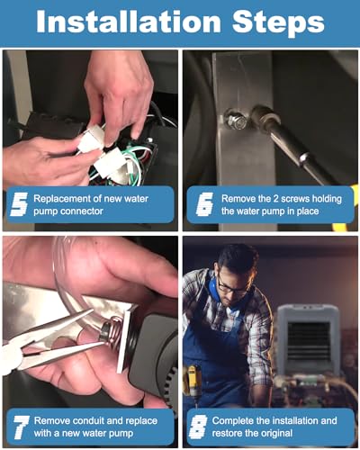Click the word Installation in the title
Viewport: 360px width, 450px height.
pyautogui.click(x=129, y=22)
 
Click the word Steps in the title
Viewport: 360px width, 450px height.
pyautogui.click(x=278, y=23)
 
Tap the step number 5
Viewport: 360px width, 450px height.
pyautogui.click(x=19, y=204)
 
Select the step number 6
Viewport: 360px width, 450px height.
pyautogui.click(x=204, y=204)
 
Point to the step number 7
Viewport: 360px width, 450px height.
pyautogui.click(x=21, y=427)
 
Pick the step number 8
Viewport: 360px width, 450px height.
pyautogui.click(x=198, y=427)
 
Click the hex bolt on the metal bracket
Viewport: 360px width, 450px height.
pyautogui.click(x=237, y=120)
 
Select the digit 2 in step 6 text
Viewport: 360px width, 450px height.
pyautogui.click(x=275, y=199)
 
